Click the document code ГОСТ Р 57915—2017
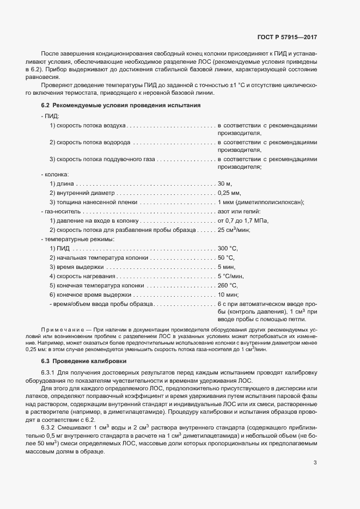click(287, 39)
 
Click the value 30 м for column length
click(225, 183)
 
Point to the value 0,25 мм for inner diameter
click(229, 193)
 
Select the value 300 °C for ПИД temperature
click(228, 248)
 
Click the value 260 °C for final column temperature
click(228, 285)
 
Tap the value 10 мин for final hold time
click(228, 295)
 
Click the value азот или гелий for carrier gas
click(239, 211)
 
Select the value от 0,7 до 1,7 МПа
click(243, 220)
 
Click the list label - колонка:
click(54, 174)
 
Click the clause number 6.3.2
click(50, 412)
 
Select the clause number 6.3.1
click(50, 372)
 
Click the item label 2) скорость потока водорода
click(90, 143)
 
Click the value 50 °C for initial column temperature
click(226, 257)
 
